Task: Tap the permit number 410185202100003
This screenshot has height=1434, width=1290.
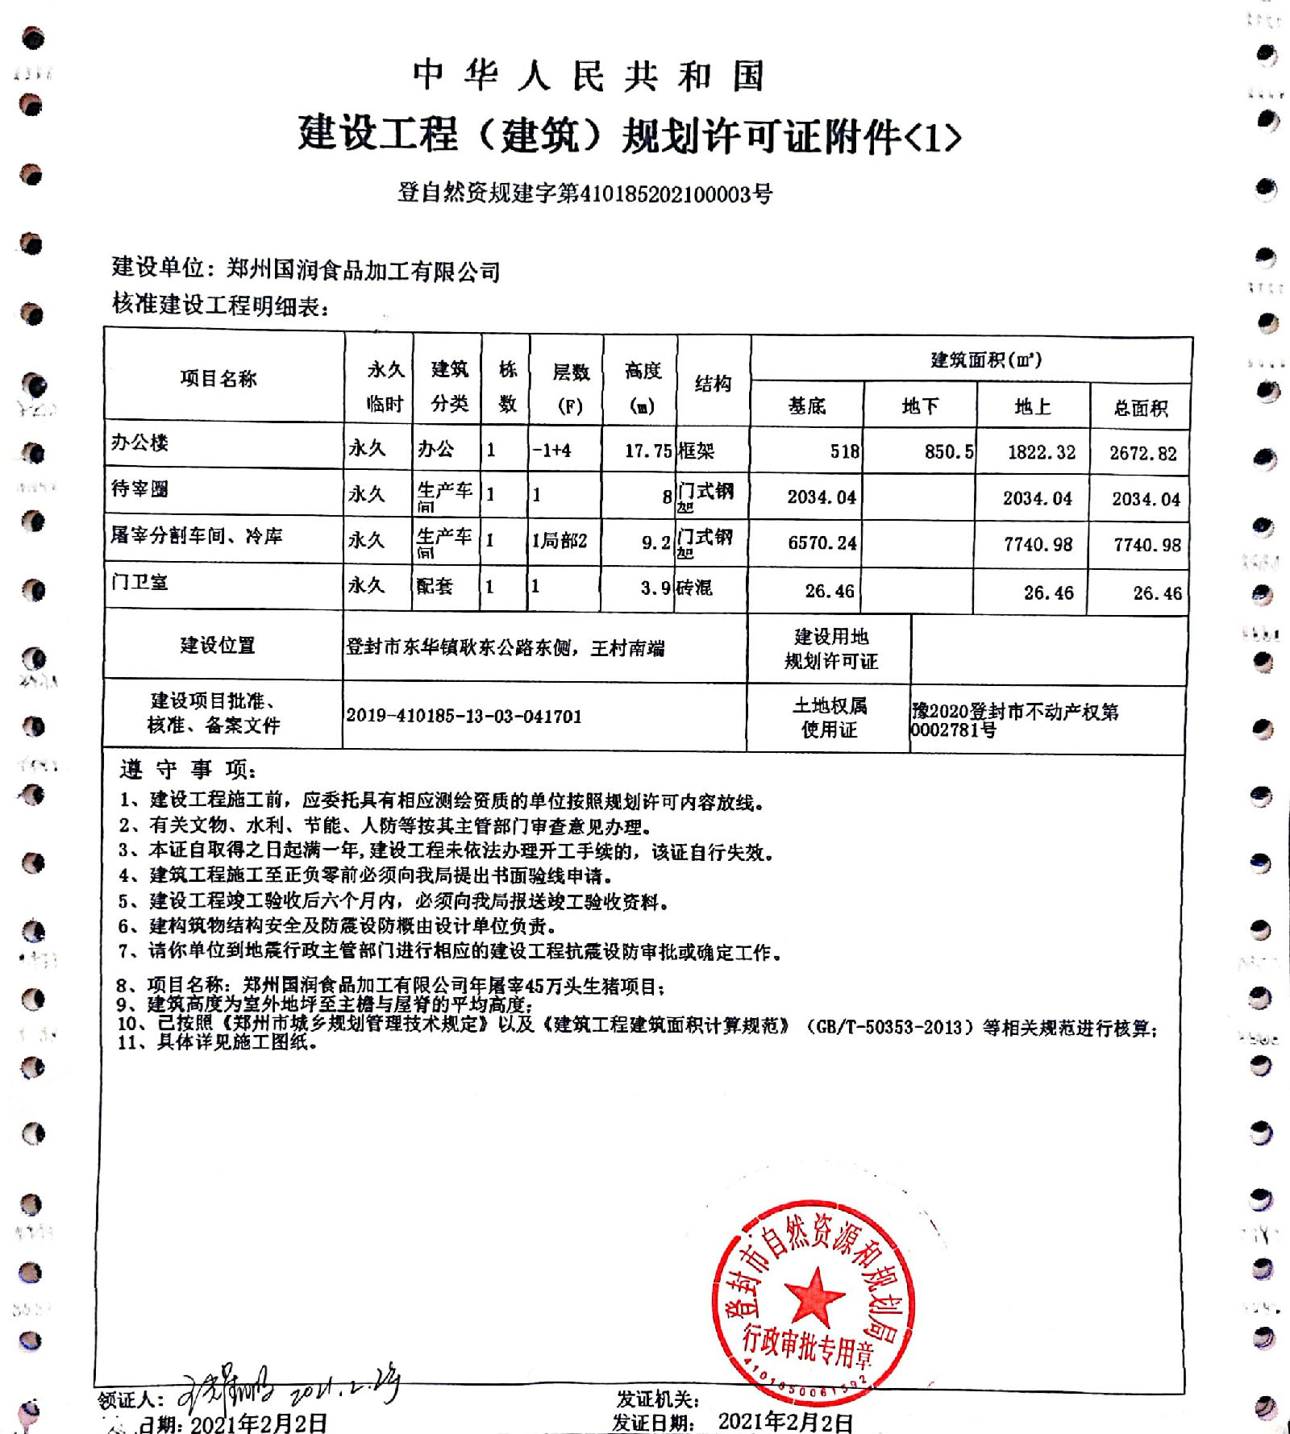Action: (666, 194)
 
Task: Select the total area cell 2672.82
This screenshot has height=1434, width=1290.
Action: (1142, 453)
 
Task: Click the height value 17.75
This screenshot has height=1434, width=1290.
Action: (647, 451)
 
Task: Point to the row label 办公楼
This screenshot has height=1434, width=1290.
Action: (139, 443)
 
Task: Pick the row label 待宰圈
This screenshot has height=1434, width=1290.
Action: (139, 488)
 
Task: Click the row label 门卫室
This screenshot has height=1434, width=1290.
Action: (139, 582)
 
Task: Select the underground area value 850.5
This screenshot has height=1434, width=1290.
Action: (948, 451)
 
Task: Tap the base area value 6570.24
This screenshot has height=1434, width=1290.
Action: (822, 543)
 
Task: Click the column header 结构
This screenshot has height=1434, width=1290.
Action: (713, 384)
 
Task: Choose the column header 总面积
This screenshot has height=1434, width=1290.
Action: (1141, 408)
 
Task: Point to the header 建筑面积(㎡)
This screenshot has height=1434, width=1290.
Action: (985, 360)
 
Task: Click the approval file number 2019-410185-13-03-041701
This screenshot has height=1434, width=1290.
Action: (464, 716)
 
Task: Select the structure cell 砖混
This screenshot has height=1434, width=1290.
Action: (694, 588)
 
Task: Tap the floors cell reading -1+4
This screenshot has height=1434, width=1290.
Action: (551, 451)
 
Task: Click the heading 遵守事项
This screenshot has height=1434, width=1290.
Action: (188, 770)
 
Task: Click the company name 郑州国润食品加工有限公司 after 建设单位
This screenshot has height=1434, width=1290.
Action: (363, 271)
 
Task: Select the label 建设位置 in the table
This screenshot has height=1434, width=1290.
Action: (217, 645)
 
